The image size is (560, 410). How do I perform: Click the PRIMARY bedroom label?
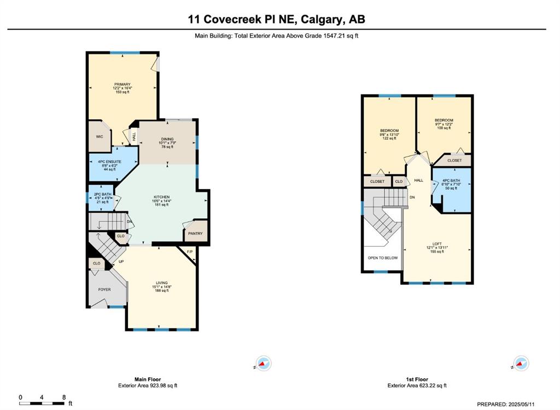coord(122,85)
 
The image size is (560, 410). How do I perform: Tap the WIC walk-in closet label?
coord(100,137)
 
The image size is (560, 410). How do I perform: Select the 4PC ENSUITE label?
coord(109,162)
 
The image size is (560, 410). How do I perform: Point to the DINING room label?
coord(167,139)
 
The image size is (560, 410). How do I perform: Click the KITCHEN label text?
coord(161,197)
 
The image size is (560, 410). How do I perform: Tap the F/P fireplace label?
coord(190,252)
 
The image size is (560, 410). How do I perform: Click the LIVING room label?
coord(161,283)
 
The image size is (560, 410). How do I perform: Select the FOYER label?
coord(104,290)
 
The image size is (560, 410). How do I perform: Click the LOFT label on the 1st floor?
coord(437,244)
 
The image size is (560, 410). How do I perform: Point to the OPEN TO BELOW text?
coord(382,258)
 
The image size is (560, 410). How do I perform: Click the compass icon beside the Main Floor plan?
coord(264,364)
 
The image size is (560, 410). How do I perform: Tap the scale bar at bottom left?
coord(43,403)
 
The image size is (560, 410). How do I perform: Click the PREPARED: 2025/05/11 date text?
coord(506,405)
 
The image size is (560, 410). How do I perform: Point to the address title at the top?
coord(276,19)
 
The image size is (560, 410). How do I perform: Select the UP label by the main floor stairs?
coord(121,262)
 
